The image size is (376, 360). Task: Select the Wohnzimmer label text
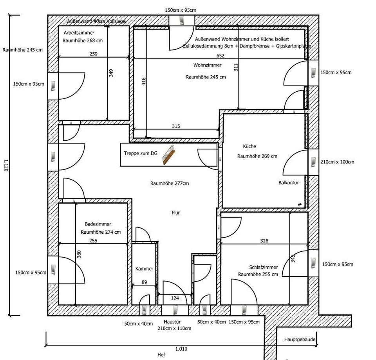(x=207, y=65)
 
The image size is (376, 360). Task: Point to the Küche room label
(x=249, y=146)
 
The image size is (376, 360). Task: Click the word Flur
(x=175, y=213)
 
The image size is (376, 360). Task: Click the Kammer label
(x=144, y=269)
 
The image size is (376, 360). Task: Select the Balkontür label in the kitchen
(x=289, y=183)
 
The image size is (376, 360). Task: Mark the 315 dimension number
(x=176, y=126)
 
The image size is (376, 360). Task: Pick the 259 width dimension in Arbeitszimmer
(x=93, y=54)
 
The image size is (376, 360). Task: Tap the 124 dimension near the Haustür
(x=175, y=298)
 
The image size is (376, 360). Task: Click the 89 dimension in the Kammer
(x=144, y=282)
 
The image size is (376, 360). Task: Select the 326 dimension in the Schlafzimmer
(x=264, y=241)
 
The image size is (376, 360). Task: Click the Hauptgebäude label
(x=300, y=340)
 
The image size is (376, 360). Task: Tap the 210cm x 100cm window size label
(x=337, y=162)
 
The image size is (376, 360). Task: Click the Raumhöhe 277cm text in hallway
(x=170, y=183)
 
